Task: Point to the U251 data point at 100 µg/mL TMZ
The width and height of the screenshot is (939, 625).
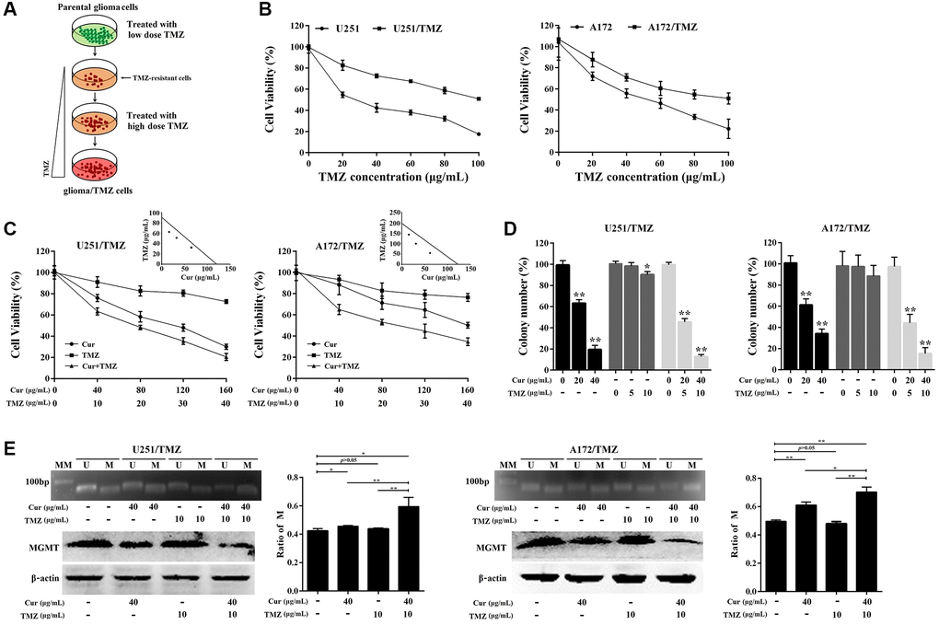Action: pos(478,134)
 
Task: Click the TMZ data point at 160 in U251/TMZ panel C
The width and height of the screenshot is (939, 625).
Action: pos(226,301)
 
